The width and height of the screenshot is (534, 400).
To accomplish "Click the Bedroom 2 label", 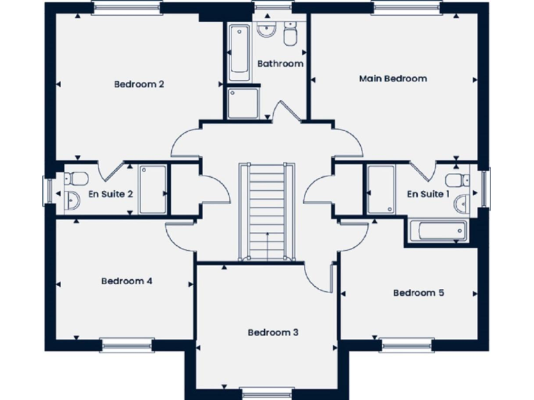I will tap(139, 85).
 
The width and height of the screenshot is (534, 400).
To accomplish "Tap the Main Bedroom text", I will tap(393, 78).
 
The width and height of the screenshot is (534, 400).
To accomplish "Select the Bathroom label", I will tap(280, 64).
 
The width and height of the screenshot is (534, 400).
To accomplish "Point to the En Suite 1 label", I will tap(428, 194).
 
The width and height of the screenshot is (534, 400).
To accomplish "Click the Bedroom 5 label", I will tap(419, 293).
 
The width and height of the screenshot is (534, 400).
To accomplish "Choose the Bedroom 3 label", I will tap(273, 333).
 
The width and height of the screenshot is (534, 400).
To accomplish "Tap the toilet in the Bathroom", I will tap(291, 32).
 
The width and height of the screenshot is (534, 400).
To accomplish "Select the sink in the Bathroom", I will tap(267, 30).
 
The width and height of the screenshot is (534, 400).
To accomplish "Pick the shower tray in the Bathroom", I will tap(243, 102).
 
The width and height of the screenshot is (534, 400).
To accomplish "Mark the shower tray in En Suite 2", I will tap(152, 190).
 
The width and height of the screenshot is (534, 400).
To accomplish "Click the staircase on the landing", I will tap(263, 212).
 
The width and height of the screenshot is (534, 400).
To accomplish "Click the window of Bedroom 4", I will tap(127, 343).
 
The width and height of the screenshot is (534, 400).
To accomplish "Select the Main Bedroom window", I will tap(406, 8).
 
